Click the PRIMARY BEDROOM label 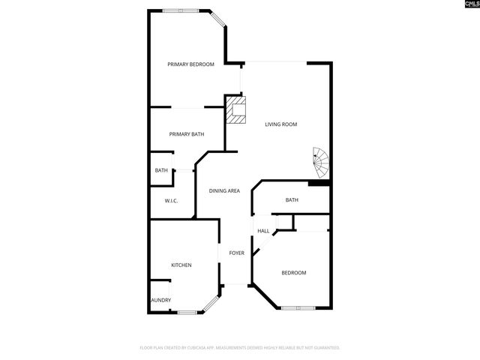click(190, 64)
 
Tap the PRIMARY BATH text click(186, 134)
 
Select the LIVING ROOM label click(281, 124)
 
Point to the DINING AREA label click(223, 191)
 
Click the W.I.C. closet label click(171, 200)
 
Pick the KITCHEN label click(181, 265)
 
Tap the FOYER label click(236, 253)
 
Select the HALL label click(263, 231)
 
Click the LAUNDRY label click(160, 301)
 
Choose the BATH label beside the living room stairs click(292, 200)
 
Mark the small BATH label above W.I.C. click(161, 170)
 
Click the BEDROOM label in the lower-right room click(293, 272)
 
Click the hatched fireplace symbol click(237, 109)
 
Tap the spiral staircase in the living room click(321, 159)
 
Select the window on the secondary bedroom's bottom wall click(298, 308)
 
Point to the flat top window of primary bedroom click(181, 10)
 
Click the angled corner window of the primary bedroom click(217, 19)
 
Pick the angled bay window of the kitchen click(211, 303)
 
